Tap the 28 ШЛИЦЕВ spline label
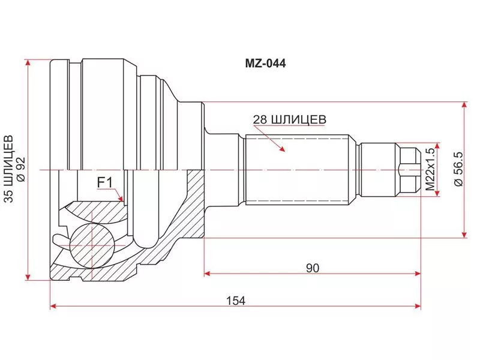pos(289,119)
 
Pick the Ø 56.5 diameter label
pos(457,170)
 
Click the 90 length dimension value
pos(312,268)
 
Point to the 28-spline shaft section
pos(296,169)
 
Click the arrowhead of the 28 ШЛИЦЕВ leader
pos(283,149)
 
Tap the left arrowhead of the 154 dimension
pos(53,306)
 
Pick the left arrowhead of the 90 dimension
pos(208,274)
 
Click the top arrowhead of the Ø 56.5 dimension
pos(464,104)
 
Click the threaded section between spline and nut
pos(378,169)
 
